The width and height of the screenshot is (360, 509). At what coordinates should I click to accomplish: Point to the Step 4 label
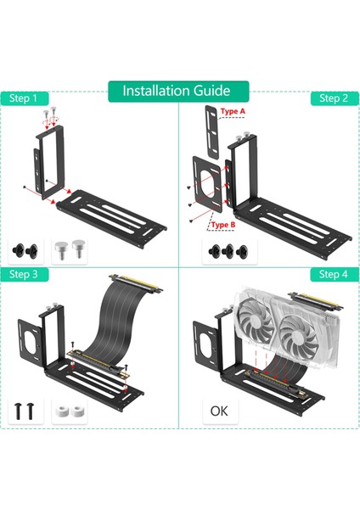point(333,274)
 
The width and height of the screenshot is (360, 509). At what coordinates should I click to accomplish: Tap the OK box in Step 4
point(220,411)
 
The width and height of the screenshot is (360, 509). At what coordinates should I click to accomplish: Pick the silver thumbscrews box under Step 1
point(69,249)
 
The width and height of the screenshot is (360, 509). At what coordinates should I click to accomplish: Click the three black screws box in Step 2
point(226,250)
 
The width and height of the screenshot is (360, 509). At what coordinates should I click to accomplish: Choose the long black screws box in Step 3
point(25,411)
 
